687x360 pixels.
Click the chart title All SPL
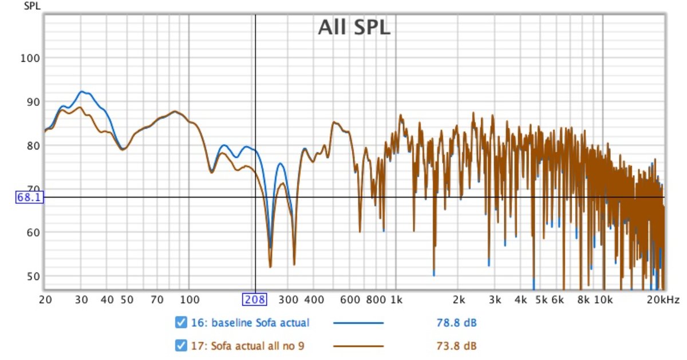(x=354, y=27)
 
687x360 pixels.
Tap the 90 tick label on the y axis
(x=30, y=102)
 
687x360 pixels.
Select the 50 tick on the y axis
(x=30, y=276)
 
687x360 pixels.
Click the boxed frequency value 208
(x=255, y=299)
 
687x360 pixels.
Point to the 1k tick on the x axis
(x=396, y=299)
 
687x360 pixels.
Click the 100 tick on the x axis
(x=189, y=299)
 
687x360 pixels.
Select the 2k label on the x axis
(x=458, y=299)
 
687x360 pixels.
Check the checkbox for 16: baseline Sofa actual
(x=181, y=323)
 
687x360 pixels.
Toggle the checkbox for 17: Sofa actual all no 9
(x=181, y=346)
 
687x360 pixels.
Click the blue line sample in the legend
(x=358, y=323)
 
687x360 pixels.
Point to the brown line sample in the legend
(x=358, y=346)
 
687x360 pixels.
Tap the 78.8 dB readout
(x=456, y=323)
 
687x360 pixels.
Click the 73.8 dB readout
(x=456, y=346)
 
